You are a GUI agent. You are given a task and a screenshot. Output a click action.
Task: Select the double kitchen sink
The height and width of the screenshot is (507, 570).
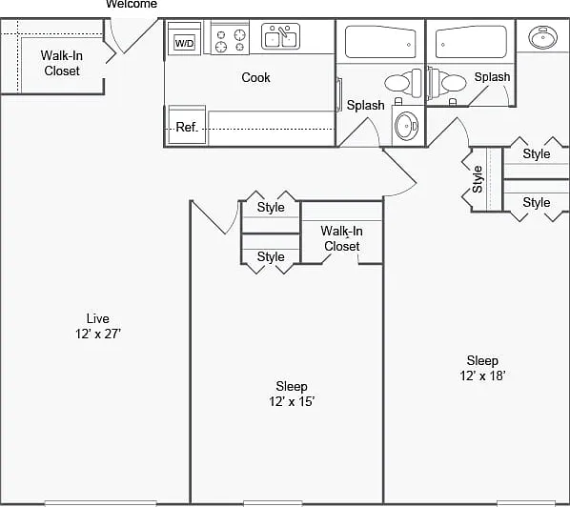coord(280,36)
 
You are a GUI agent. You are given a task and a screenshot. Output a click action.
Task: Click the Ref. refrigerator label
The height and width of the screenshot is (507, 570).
coord(187,127)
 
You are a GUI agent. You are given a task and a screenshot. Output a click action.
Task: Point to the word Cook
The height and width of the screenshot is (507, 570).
coord(255,77)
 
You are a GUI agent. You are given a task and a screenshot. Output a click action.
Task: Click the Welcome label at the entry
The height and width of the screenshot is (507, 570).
coord(132,4)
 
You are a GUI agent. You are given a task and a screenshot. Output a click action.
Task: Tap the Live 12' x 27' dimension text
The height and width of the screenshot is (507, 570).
coord(98,326)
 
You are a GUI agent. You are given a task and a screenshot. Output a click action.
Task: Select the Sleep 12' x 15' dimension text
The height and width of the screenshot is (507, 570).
coord(292,394)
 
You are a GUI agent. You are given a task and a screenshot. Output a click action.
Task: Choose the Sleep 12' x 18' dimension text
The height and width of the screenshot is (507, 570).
coord(482,368)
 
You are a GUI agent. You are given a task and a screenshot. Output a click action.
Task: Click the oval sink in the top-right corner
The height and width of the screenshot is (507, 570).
coord(542,37)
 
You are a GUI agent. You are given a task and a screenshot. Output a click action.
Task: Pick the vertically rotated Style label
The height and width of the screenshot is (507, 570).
coord(478,179)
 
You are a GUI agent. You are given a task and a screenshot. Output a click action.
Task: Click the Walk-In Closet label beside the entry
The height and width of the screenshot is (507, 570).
coord(62,63)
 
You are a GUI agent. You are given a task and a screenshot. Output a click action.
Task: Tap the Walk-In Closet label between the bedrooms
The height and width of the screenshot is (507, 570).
coord(341,238)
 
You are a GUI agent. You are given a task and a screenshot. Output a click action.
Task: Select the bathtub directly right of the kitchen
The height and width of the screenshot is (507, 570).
coord(380,42)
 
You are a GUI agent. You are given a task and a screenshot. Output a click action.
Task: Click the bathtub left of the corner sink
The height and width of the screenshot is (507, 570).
coord(471,42)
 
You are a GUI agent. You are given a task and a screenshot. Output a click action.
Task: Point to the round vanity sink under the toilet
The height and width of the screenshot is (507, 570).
coord(407,126)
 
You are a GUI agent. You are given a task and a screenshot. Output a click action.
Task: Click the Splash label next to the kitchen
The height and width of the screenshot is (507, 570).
coord(365,105)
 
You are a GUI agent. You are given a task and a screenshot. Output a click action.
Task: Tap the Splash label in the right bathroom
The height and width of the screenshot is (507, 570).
coord(492,76)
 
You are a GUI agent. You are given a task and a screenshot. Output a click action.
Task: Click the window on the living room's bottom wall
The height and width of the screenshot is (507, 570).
coord(101,503)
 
